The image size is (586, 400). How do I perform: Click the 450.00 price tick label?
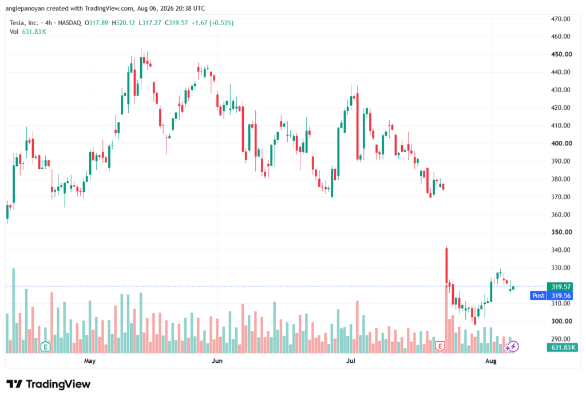[561, 54]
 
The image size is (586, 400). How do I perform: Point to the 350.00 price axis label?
[561, 232]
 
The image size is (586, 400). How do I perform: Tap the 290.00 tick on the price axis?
[561, 339]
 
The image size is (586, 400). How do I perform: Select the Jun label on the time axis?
[217, 361]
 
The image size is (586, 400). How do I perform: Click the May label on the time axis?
[90, 361]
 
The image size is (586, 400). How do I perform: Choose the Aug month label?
[490, 361]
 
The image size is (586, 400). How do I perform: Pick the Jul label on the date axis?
[351, 361]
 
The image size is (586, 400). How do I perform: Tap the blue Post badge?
[538, 296]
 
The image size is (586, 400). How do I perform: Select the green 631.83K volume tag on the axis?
[563, 348]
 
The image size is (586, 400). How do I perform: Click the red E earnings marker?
[440, 347]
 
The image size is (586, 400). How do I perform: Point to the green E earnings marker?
[45, 347]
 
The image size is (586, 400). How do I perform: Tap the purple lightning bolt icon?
[513, 347]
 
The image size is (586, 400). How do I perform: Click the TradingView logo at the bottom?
[49, 385]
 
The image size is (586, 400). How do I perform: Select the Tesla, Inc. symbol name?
[24, 23]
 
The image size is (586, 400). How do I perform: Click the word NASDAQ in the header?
[69, 23]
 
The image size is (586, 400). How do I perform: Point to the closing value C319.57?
[176, 23]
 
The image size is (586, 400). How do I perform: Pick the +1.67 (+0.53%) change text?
[213, 23]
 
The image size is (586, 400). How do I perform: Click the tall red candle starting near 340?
[446, 266]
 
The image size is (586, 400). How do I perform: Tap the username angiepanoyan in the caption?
[25, 9]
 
